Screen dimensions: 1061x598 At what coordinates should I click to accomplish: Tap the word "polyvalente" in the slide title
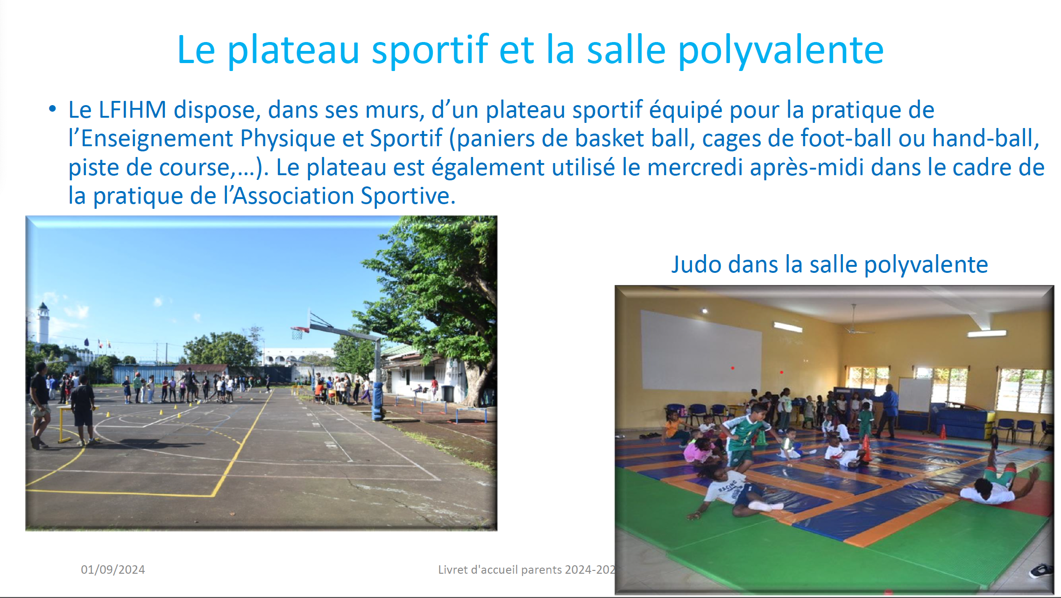click(781, 50)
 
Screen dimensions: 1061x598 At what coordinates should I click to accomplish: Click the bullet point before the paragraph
click(52, 109)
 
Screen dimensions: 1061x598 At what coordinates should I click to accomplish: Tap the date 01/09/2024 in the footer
click(113, 570)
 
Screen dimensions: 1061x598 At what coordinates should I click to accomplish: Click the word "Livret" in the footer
click(453, 570)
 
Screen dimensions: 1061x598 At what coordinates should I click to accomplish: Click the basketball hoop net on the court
click(297, 334)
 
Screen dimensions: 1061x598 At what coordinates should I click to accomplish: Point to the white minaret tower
click(43, 323)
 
